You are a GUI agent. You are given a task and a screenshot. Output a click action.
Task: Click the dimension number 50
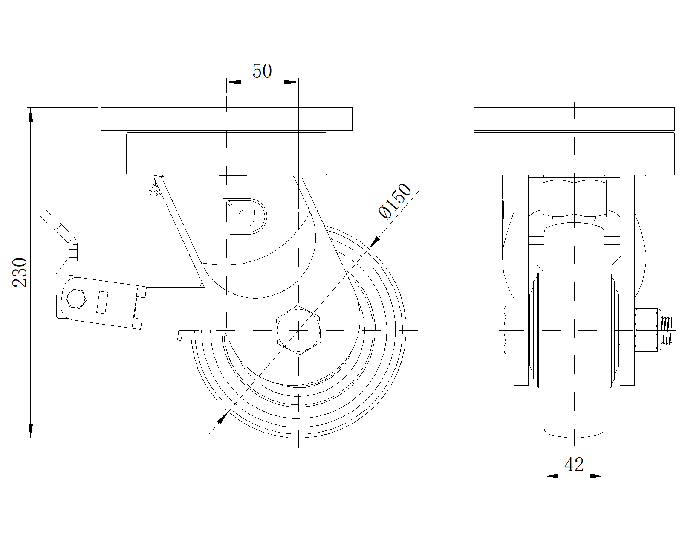pyautogui.click(x=262, y=71)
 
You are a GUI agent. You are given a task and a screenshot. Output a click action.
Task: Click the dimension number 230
pyautogui.click(x=20, y=273)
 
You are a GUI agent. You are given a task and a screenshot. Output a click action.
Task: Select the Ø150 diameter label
pyautogui.click(x=395, y=201)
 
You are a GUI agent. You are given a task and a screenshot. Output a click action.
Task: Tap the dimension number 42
pyautogui.click(x=574, y=465)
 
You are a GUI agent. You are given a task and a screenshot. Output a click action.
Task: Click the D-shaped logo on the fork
pyautogui.click(x=245, y=216)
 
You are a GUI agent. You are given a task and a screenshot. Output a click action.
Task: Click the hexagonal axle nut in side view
pyautogui.click(x=298, y=330)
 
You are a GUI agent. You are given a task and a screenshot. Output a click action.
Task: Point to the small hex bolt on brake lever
pyautogui.click(x=76, y=299)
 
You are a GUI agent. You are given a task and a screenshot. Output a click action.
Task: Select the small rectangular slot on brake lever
pyautogui.click(x=102, y=302)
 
